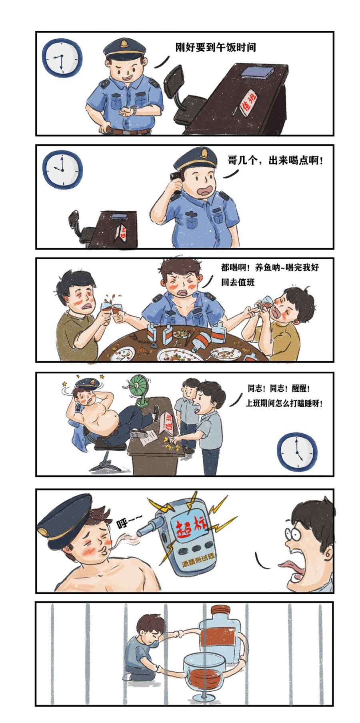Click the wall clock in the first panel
60,57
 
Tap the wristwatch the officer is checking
134,109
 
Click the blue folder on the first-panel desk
257,72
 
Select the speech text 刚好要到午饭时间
216,47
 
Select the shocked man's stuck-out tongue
288,565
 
